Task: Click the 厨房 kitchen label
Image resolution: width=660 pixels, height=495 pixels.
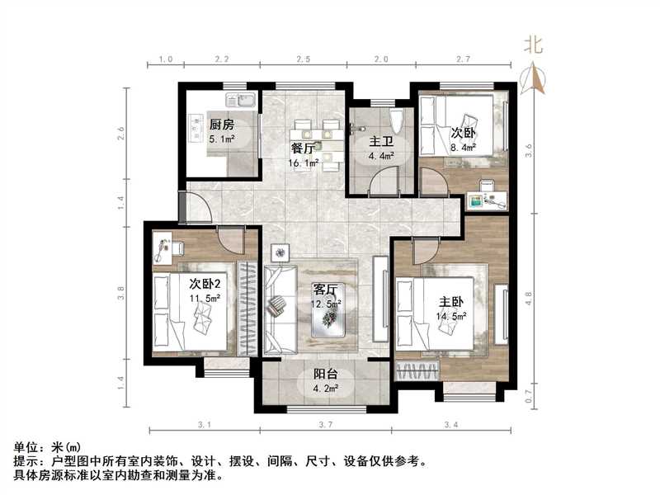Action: click(x=221, y=125)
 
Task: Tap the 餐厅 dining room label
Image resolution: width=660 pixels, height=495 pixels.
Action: click(x=303, y=148)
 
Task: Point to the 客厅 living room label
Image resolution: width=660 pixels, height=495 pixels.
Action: click(x=325, y=290)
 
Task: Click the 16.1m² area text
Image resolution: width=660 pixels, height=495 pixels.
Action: click(x=303, y=163)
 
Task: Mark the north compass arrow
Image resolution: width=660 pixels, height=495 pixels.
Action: click(x=535, y=80)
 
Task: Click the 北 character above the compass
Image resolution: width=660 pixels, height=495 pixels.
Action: click(x=534, y=47)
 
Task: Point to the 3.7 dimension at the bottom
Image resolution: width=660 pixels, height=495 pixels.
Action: click(x=325, y=425)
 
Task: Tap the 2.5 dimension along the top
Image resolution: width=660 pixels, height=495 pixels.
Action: click(x=303, y=59)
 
